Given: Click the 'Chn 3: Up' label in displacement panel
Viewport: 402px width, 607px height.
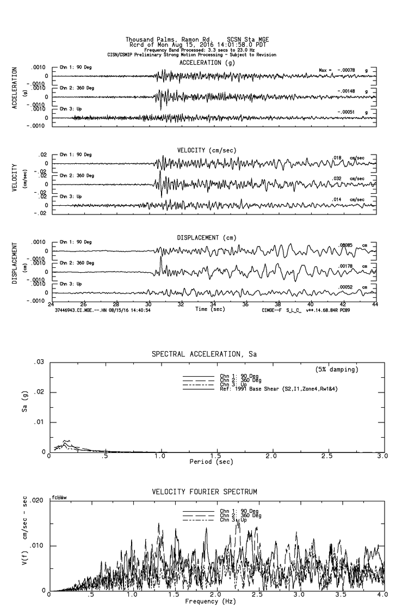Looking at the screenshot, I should click(71, 284).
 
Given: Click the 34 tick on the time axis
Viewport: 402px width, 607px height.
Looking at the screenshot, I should click(213, 304).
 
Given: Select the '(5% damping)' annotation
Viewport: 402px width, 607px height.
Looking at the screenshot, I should click(337, 370).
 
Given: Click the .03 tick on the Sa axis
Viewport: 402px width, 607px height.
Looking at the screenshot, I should click(39, 363).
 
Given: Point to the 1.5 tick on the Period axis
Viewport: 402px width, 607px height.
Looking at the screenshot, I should click(217, 456).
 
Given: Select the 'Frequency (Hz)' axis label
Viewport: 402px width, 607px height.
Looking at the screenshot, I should click(211, 602).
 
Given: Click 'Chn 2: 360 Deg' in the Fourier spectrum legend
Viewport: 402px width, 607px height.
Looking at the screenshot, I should click(239, 516).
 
